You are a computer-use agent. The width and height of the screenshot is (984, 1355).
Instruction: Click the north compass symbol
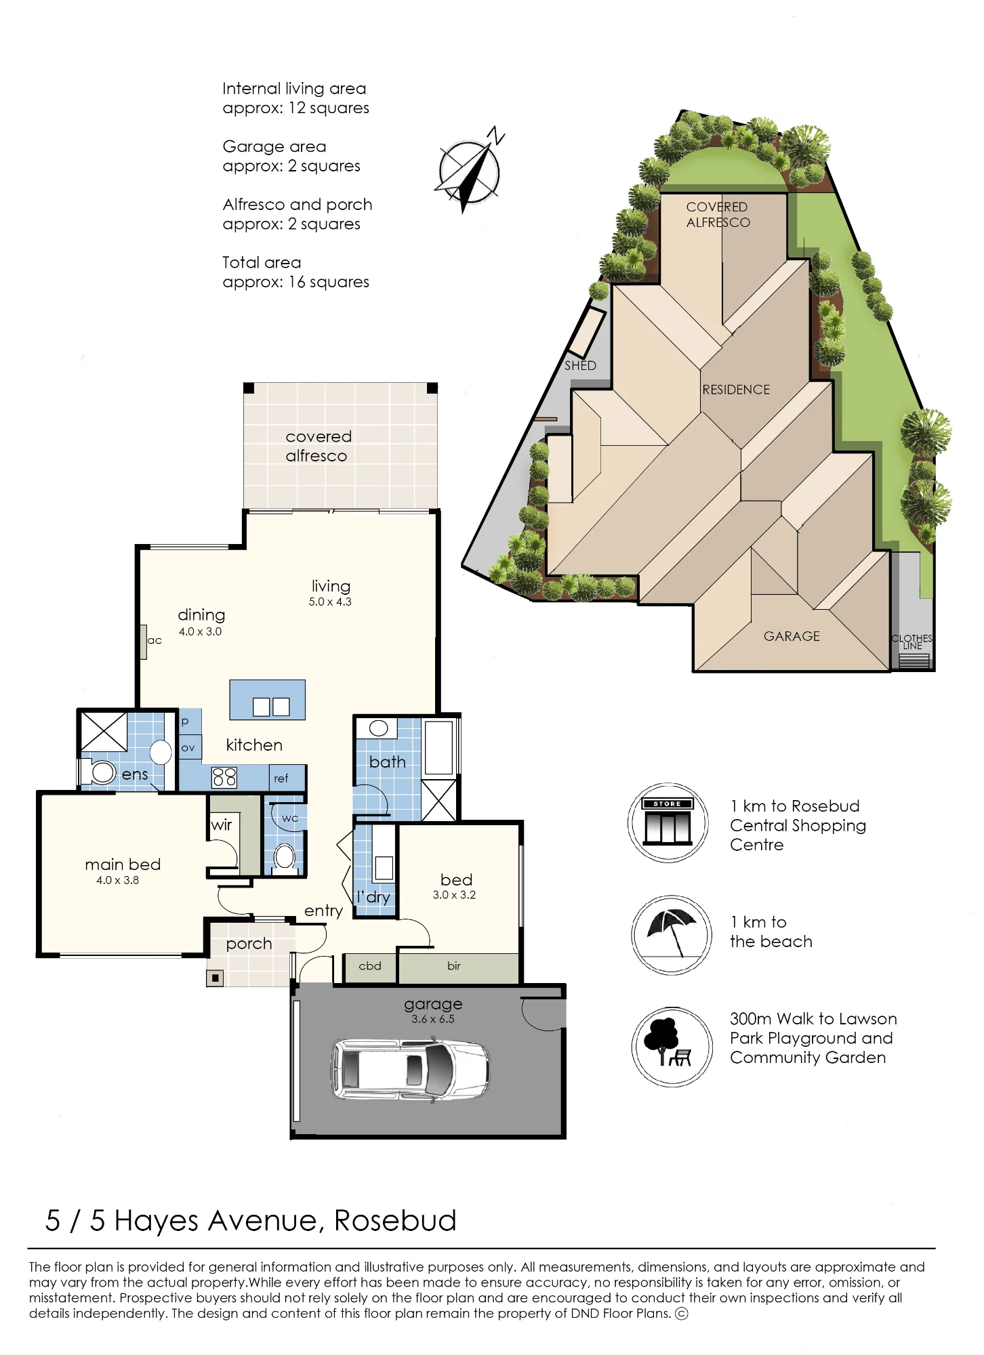click(x=470, y=171)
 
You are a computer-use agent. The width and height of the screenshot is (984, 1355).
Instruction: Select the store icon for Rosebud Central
click(x=668, y=822)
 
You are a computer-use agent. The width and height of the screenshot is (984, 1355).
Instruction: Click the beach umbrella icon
click(x=672, y=935)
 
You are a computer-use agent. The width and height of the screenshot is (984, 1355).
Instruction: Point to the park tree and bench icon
click(x=672, y=1047)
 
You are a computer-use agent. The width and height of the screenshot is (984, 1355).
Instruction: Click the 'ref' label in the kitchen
click(x=281, y=778)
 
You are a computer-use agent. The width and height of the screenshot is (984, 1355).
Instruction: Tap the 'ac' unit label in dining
click(x=155, y=640)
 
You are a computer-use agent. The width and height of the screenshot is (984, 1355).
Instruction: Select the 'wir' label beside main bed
click(x=222, y=825)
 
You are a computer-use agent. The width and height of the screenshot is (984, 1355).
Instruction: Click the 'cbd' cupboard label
click(x=370, y=965)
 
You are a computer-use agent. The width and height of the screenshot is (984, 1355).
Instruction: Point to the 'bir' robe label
click(x=454, y=965)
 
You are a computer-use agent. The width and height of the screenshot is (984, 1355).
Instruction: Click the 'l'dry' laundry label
click(x=373, y=896)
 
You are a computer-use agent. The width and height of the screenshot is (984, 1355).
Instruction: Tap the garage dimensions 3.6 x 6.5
click(x=433, y=1019)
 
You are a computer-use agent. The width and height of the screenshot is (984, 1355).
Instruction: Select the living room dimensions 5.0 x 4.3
click(x=331, y=602)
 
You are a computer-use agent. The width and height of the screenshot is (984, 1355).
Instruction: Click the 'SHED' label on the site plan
click(x=580, y=365)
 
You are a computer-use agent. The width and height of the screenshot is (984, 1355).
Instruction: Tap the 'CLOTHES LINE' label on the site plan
click(x=912, y=642)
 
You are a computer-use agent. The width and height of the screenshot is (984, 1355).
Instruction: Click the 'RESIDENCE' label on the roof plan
click(x=736, y=390)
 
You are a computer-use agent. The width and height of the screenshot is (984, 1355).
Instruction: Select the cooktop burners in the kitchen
click(x=224, y=777)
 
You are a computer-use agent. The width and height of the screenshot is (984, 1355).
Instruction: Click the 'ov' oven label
click(x=188, y=748)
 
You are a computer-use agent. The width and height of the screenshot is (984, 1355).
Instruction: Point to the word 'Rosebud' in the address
click(x=395, y=1220)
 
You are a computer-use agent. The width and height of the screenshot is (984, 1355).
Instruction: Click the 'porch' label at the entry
click(x=249, y=944)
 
